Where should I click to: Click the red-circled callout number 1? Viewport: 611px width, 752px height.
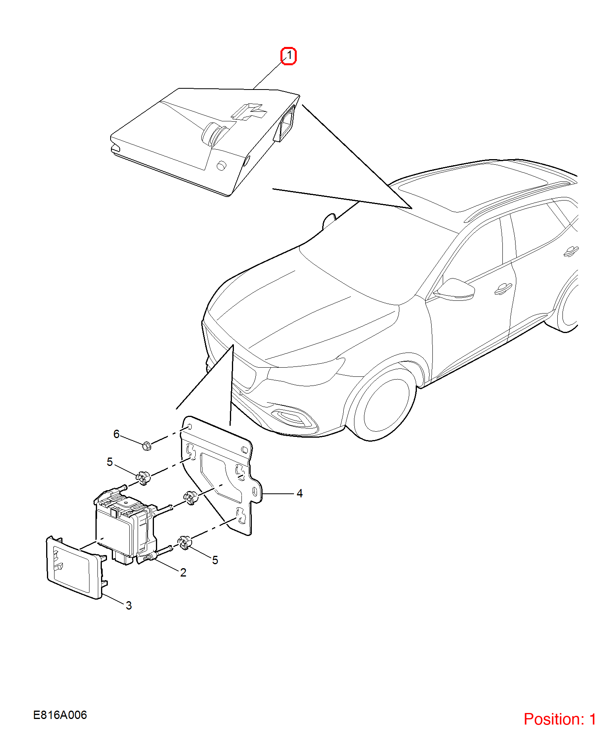tap(289, 55)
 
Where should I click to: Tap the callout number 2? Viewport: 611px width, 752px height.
tap(183, 573)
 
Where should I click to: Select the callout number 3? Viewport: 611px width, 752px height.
tap(128, 605)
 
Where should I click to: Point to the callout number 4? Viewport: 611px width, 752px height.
tap(300, 493)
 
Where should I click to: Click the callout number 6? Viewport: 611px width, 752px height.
tap(116, 434)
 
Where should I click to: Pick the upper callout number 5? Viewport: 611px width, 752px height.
tap(110, 462)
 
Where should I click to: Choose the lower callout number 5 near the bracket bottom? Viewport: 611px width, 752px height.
tap(215, 560)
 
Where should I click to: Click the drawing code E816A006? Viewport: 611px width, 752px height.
tap(60, 715)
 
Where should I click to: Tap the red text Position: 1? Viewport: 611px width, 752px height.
tap(560, 719)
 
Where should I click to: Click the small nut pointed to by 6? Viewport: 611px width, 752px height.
tap(146, 445)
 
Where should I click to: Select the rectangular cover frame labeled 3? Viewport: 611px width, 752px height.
tap(76, 567)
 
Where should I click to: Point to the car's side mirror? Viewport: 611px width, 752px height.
tap(455, 289)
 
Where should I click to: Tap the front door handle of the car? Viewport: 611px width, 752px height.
tap(503, 289)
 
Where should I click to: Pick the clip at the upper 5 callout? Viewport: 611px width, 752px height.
tap(143, 477)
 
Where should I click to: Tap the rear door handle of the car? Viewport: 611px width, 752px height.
tap(571, 251)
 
